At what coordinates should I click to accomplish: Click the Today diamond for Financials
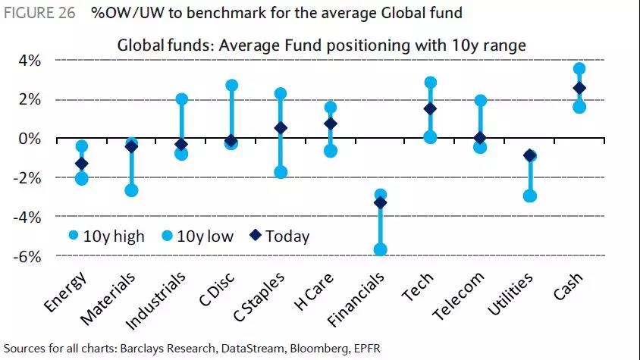click(x=381, y=202)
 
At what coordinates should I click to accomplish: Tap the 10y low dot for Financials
click(x=381, y=249)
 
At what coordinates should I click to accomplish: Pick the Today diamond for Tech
click(x=430, y=108)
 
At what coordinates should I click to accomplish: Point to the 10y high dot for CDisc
click(x=231, y=86)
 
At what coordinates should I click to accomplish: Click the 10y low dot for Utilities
click(x=530, y=196)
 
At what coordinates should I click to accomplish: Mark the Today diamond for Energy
click(x=82, y=163)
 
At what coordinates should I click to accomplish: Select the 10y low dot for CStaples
click(x=281, y=172)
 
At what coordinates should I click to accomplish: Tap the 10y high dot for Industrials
click(x=181, y=99)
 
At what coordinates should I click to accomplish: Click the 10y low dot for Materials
click(x=132, y=190)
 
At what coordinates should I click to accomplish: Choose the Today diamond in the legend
click(x=254, y=236)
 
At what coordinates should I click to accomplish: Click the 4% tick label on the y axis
click(x=29, y=60)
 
